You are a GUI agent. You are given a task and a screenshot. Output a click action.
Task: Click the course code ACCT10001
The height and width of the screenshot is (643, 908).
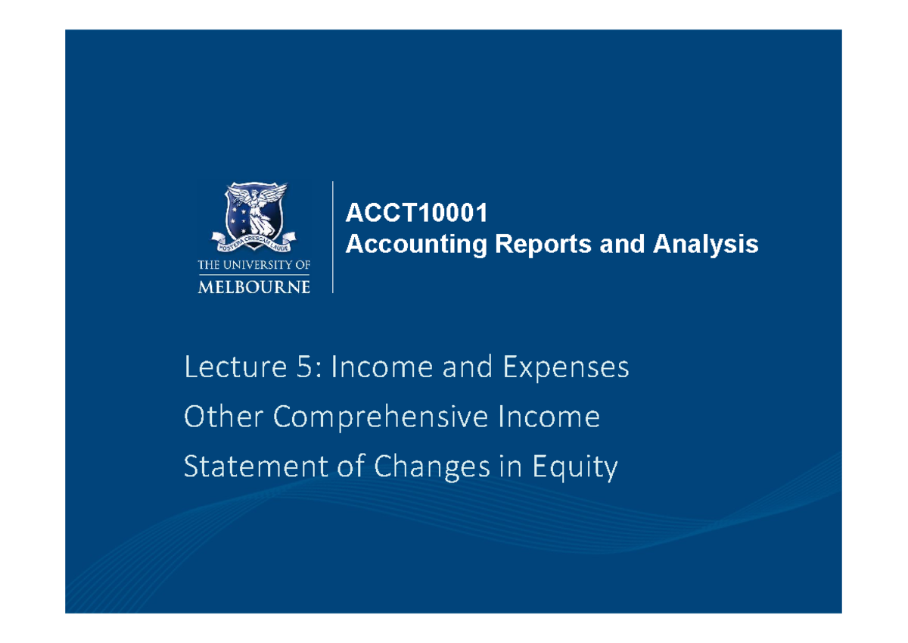[416, 214]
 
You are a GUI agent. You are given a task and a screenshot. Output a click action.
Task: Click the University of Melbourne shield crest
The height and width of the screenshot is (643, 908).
[253, 212]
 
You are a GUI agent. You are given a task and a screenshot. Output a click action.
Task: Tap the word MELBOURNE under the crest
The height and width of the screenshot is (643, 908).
[253, 286]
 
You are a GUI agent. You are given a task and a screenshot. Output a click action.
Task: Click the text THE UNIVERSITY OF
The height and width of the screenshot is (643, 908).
[253, 265]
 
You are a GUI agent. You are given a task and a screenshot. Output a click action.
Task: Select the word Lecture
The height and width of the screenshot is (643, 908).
[226, 368]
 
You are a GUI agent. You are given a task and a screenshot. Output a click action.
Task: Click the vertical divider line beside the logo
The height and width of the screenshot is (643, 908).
[333, 236]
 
